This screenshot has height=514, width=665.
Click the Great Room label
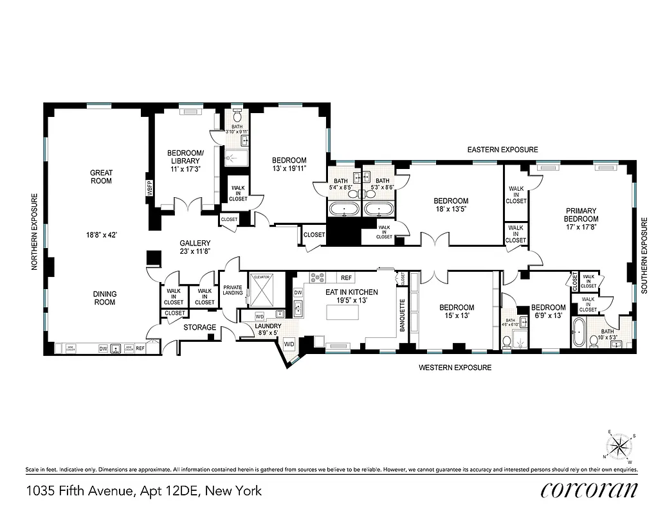(x=101, y=177)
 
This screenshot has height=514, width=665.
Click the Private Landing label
(x=233, y=290)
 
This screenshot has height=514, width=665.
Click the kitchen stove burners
(x=317, y=278)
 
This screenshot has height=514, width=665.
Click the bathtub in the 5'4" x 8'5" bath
(x=344, y=209)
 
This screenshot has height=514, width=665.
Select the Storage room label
(x=200, y=328)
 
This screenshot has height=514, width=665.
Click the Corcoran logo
(x=590, y=490)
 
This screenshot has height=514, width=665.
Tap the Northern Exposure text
(x=36, y=232)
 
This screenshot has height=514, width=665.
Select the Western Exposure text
(x=455, y=368)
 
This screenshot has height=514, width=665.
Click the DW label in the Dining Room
(x=103, y=348)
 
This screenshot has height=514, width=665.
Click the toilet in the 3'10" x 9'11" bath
(x=237, y=116)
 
